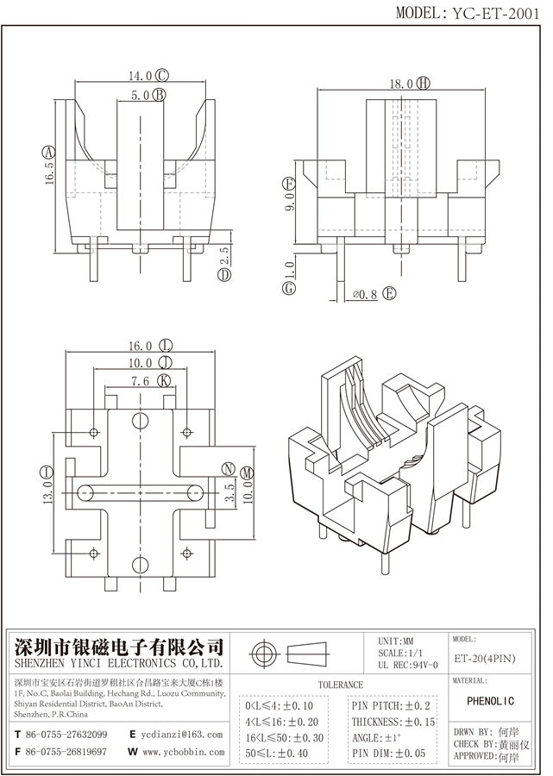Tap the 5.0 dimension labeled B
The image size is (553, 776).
pos(141,95)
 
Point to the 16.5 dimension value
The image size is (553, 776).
pos(49,169)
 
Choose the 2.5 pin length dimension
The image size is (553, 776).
pos(225,254)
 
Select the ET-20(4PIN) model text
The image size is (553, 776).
pos(483,660)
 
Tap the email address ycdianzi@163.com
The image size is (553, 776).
pos(182,734)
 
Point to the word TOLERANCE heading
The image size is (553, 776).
pos(341,684)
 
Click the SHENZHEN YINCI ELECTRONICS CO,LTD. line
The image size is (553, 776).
pos(117,666)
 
